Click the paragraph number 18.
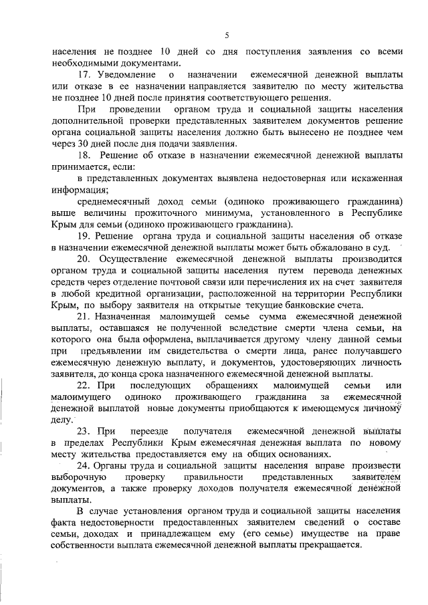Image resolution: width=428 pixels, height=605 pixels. click(x=84, y=157)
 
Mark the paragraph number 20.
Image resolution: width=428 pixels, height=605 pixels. click(x=84, y=259)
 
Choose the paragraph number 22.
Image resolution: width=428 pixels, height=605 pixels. click(x=84, y=386)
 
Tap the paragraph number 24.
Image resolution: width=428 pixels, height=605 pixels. click(x=84, y=467)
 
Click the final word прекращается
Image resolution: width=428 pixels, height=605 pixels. click(x=330, y=544)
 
